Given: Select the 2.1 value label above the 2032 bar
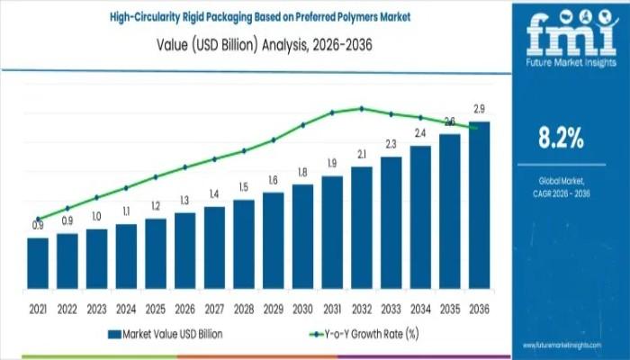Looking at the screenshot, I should (x=362, y=155).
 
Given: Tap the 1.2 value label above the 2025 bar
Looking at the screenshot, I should (x=156, y=206).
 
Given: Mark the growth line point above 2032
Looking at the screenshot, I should (x=362, y=108).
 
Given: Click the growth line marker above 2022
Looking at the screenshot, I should (x=67, y=208).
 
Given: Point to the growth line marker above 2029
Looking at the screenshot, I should (x=274, y=139).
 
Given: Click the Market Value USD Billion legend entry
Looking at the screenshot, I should (x=166, y=334).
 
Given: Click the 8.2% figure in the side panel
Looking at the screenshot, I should (x=559, y=139).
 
